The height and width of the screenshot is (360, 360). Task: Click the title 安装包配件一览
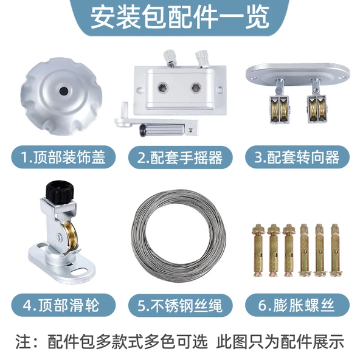[x=180, y=18]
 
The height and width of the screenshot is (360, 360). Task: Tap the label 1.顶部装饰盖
[x=63, y=157]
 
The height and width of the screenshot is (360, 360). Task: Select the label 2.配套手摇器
[x=180, y=157]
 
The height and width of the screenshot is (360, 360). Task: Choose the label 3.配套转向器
[x=297, y=157]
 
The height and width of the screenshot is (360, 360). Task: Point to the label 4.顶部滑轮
[x=61, y=305]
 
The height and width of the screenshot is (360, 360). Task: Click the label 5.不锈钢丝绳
[x=180, y=305]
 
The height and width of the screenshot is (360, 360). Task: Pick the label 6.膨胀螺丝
[x=296, y=305]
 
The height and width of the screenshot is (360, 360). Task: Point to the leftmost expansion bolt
[x=258, y=250]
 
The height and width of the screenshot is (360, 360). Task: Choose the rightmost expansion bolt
[x=335, y=250]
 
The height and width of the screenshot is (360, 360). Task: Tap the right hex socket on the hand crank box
[x=196, y=87]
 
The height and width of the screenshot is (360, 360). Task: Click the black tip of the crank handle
[x=144, y=130]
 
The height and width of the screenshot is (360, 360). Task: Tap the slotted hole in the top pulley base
[x=78, y=272]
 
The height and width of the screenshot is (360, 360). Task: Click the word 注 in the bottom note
[x=23, y=342]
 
